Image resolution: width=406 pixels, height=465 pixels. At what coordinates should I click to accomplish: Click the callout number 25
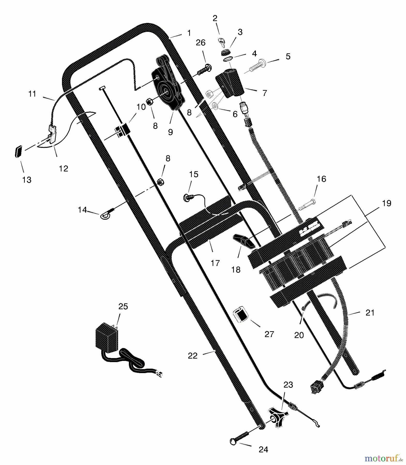[123, 306]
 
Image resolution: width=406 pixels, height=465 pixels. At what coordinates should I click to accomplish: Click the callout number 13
[27, 180]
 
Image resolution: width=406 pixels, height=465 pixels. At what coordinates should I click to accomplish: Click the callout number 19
[387, 203]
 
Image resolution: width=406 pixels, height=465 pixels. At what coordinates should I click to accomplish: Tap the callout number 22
[193, 356]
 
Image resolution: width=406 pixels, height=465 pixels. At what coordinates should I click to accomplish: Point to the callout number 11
[32, 94]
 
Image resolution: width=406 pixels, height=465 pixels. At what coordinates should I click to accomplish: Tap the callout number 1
[189, 33]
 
